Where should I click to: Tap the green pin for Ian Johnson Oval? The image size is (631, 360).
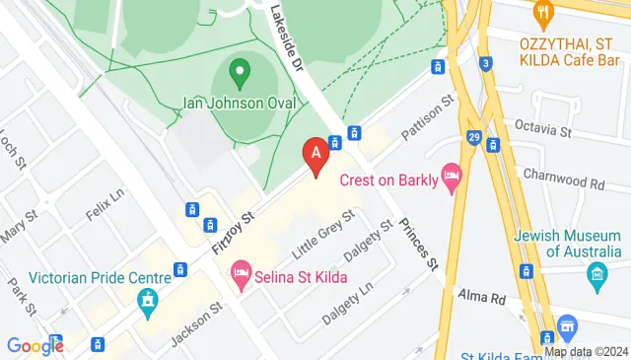pos(238,71)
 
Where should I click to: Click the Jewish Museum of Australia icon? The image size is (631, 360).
pos(595,280)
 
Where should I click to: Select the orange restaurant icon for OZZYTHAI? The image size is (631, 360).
pos(540,13)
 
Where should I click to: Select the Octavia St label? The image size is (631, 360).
pos(544,129)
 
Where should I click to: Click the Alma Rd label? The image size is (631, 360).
pos(481,297)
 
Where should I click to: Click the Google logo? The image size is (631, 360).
pos(35,346)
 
